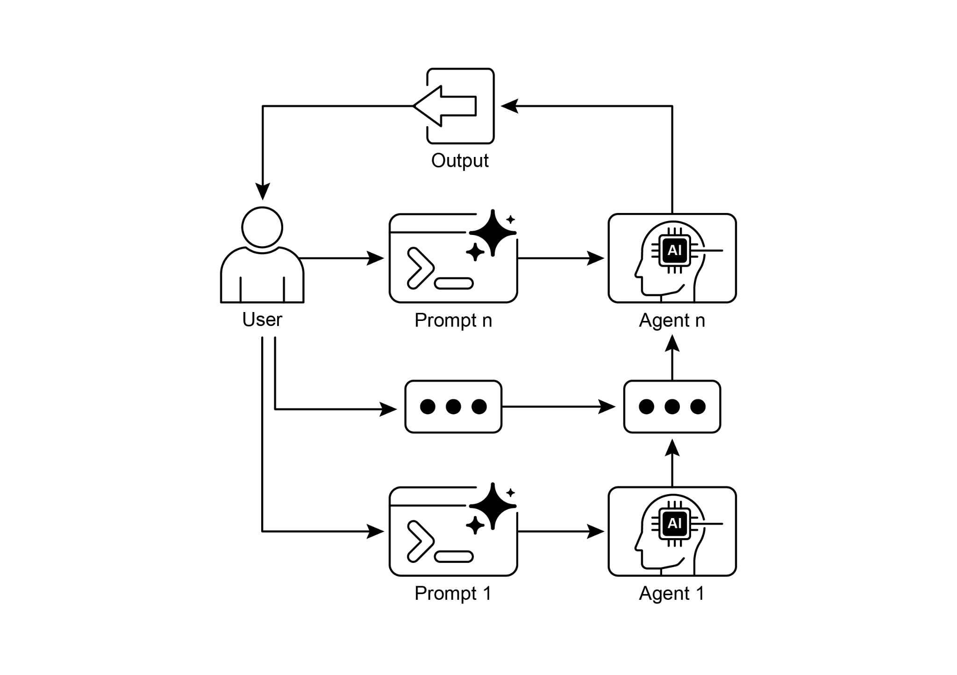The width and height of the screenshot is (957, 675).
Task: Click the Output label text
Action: tap(459, 161)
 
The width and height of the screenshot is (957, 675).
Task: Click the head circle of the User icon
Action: tap(262, 227)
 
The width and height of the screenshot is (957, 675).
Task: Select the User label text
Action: tap(262, 320)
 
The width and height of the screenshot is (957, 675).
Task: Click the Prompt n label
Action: tap(453, 320)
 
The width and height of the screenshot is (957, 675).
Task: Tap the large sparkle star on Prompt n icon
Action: tap(493, 232)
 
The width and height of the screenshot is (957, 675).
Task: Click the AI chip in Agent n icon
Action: tap(674, 251)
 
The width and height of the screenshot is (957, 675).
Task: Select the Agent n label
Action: tap(671, 320)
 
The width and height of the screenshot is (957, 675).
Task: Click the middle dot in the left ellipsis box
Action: tap(453, 406)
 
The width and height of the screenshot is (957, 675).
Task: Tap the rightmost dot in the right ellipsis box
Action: tap(698, 406)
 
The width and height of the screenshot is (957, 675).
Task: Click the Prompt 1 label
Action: tap(453, 594)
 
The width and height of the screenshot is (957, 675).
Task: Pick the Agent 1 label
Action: tap(671, 594)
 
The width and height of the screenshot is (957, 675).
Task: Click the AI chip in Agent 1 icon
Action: tap(674, 524)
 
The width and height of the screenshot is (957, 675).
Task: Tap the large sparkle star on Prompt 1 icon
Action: tap(493, 505)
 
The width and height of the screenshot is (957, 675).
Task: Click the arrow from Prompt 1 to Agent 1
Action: tap(561, 531)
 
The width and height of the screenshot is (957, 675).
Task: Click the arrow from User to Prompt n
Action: tap(341, 258)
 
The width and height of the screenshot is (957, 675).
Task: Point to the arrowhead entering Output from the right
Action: tap(510, 106)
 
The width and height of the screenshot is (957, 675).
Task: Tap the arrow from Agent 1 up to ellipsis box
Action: tap(672, 465)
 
